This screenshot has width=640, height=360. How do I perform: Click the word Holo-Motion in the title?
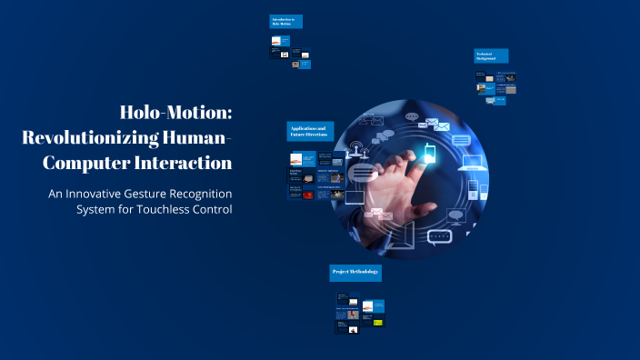pyautogui.click(x=176, y=113)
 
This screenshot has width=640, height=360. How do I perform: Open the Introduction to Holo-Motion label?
pyautogui.click(x=286, y=21)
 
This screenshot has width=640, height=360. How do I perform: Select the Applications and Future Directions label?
pyautogui.click(x=310, y=131)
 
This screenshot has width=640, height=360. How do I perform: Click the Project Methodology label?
pyautogui.click(x=355, y=273)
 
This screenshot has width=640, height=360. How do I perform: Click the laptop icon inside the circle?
pyautogui.click(x=473, y=165)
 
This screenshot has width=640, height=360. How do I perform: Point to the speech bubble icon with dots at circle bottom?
pyautogui.click(x=440, y=237)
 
